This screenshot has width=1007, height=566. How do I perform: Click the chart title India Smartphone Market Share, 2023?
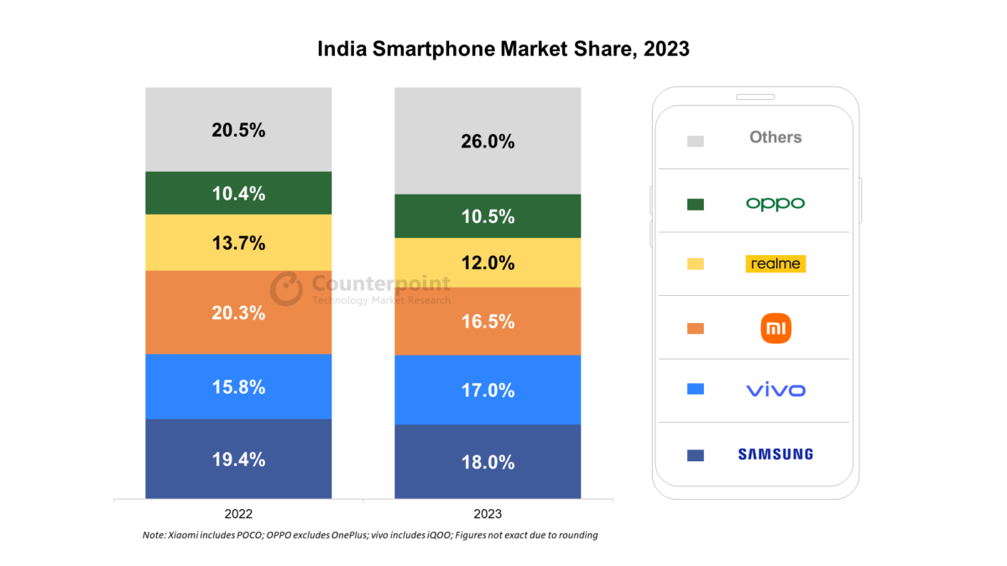coord(503,49)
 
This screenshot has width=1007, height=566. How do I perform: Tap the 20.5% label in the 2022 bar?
coord(238,130)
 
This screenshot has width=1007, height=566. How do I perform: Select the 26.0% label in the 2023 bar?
coord(488,142)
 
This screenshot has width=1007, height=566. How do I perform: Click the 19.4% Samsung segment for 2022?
coord(238,460)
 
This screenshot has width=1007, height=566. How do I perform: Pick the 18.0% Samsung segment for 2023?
coord(488,462)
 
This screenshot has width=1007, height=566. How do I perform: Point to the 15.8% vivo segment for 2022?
coord(238,387)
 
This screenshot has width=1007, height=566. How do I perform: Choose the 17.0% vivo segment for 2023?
coord(488,390)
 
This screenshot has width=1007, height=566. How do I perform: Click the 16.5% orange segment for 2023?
coord(488,321)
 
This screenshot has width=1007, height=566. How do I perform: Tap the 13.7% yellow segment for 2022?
coord(238,243)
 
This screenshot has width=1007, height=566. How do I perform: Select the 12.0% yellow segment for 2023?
coord(488,263)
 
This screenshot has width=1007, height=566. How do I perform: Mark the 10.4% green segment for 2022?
coord(238,194)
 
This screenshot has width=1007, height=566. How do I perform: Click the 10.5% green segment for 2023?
coord(488,216)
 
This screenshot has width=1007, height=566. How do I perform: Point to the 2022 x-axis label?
coord(238,513)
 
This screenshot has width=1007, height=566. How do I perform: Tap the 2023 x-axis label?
coord(488,513)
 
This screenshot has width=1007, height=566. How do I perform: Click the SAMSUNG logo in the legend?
coord(775,454)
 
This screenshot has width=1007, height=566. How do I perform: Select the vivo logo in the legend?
coord(775,390)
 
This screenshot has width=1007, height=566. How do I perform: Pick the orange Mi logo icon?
coord(775,328)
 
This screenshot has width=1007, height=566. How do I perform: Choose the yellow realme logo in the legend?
coord(775,264)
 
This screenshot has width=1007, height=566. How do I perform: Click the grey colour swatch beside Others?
coord(695,141)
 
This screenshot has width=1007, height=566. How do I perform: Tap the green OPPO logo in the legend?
coord(775,204)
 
